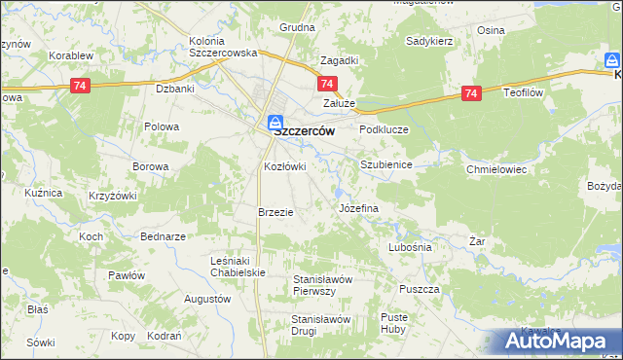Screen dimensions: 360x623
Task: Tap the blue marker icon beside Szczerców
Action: coord(275,124)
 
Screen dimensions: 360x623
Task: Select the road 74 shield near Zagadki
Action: coord(328,86)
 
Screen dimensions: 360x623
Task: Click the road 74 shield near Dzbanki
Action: coord(82,87)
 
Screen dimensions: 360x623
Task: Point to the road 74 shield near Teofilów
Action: coord(471,93)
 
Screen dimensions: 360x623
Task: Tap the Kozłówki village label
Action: coord(285,166)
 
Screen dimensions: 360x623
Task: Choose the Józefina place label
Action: coord(357,209)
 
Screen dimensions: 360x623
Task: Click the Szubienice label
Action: coord(386,165)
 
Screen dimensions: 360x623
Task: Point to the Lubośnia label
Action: coord(409,247)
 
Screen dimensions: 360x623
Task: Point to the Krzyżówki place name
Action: coord(112,196)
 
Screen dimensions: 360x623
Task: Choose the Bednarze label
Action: coord(163,236)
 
